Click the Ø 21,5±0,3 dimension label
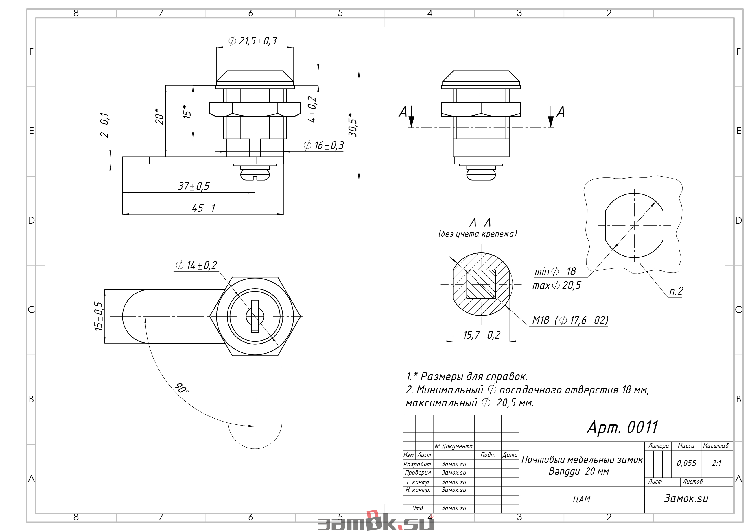click(x=252, y=41)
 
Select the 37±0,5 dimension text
click(x=193, y=186)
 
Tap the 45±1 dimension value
click(x=203, y=208)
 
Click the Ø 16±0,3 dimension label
click(x=324, y=145)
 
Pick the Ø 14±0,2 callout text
click(x=196, y=265)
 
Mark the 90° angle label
click(x=181, y=388)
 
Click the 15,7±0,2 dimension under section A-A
click(x=482, y=335)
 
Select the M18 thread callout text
click(x=570, y=320)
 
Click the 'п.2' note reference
click(x=676, y=291)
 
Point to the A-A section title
click(x=480, y=223)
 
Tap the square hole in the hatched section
click(x=481, y=284)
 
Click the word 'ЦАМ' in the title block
click(x=582, y=499)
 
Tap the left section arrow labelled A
click(x=411, y=117)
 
